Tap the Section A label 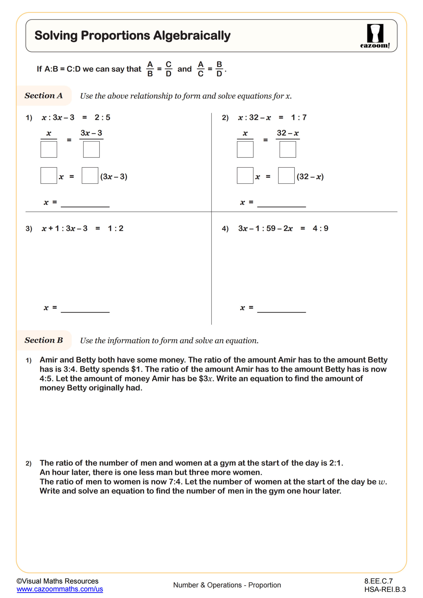[43, 96]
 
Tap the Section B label [43, 340]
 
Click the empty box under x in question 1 [49, 149]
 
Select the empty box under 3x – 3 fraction [91, 149]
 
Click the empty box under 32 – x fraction [288, 149]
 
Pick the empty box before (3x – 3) [90, 175]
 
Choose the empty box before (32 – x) [286, 175]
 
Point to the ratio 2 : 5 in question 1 [102, 117]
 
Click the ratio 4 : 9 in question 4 [320, 228]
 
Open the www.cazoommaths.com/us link [60, 589]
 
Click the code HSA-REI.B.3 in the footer [385, 589]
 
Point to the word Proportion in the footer [264, 585]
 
